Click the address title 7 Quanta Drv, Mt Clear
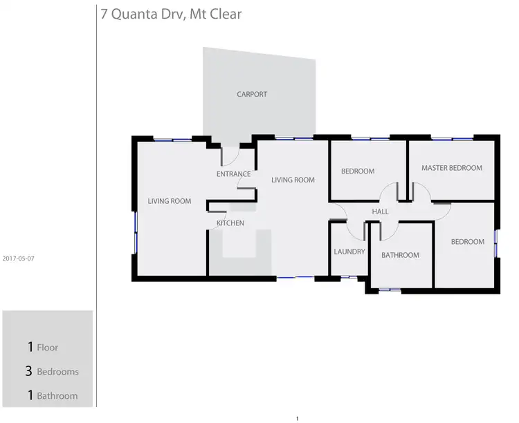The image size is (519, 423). tap(171, 14)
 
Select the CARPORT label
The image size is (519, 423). tap(252, 94)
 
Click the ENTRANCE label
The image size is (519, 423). tap(233, 174)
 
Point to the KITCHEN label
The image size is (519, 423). tap(230, 223)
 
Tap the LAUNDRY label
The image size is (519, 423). tap(349, 252)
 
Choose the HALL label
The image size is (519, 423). tap(381, 211)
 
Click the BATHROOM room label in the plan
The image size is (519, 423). tap(400, 255)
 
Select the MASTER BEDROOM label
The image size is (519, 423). tap(452, 168)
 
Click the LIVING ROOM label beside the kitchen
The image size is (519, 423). tap(169, 202)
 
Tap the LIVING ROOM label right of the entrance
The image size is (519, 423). tap(293, 180)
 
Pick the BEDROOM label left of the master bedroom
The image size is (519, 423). tap(358, 171)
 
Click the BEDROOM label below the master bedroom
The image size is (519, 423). tap(468, 242)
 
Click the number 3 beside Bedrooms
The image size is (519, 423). tap(28, 371)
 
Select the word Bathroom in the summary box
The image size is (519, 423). tap(57, 396)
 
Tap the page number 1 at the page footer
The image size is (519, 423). tap(297, 418)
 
